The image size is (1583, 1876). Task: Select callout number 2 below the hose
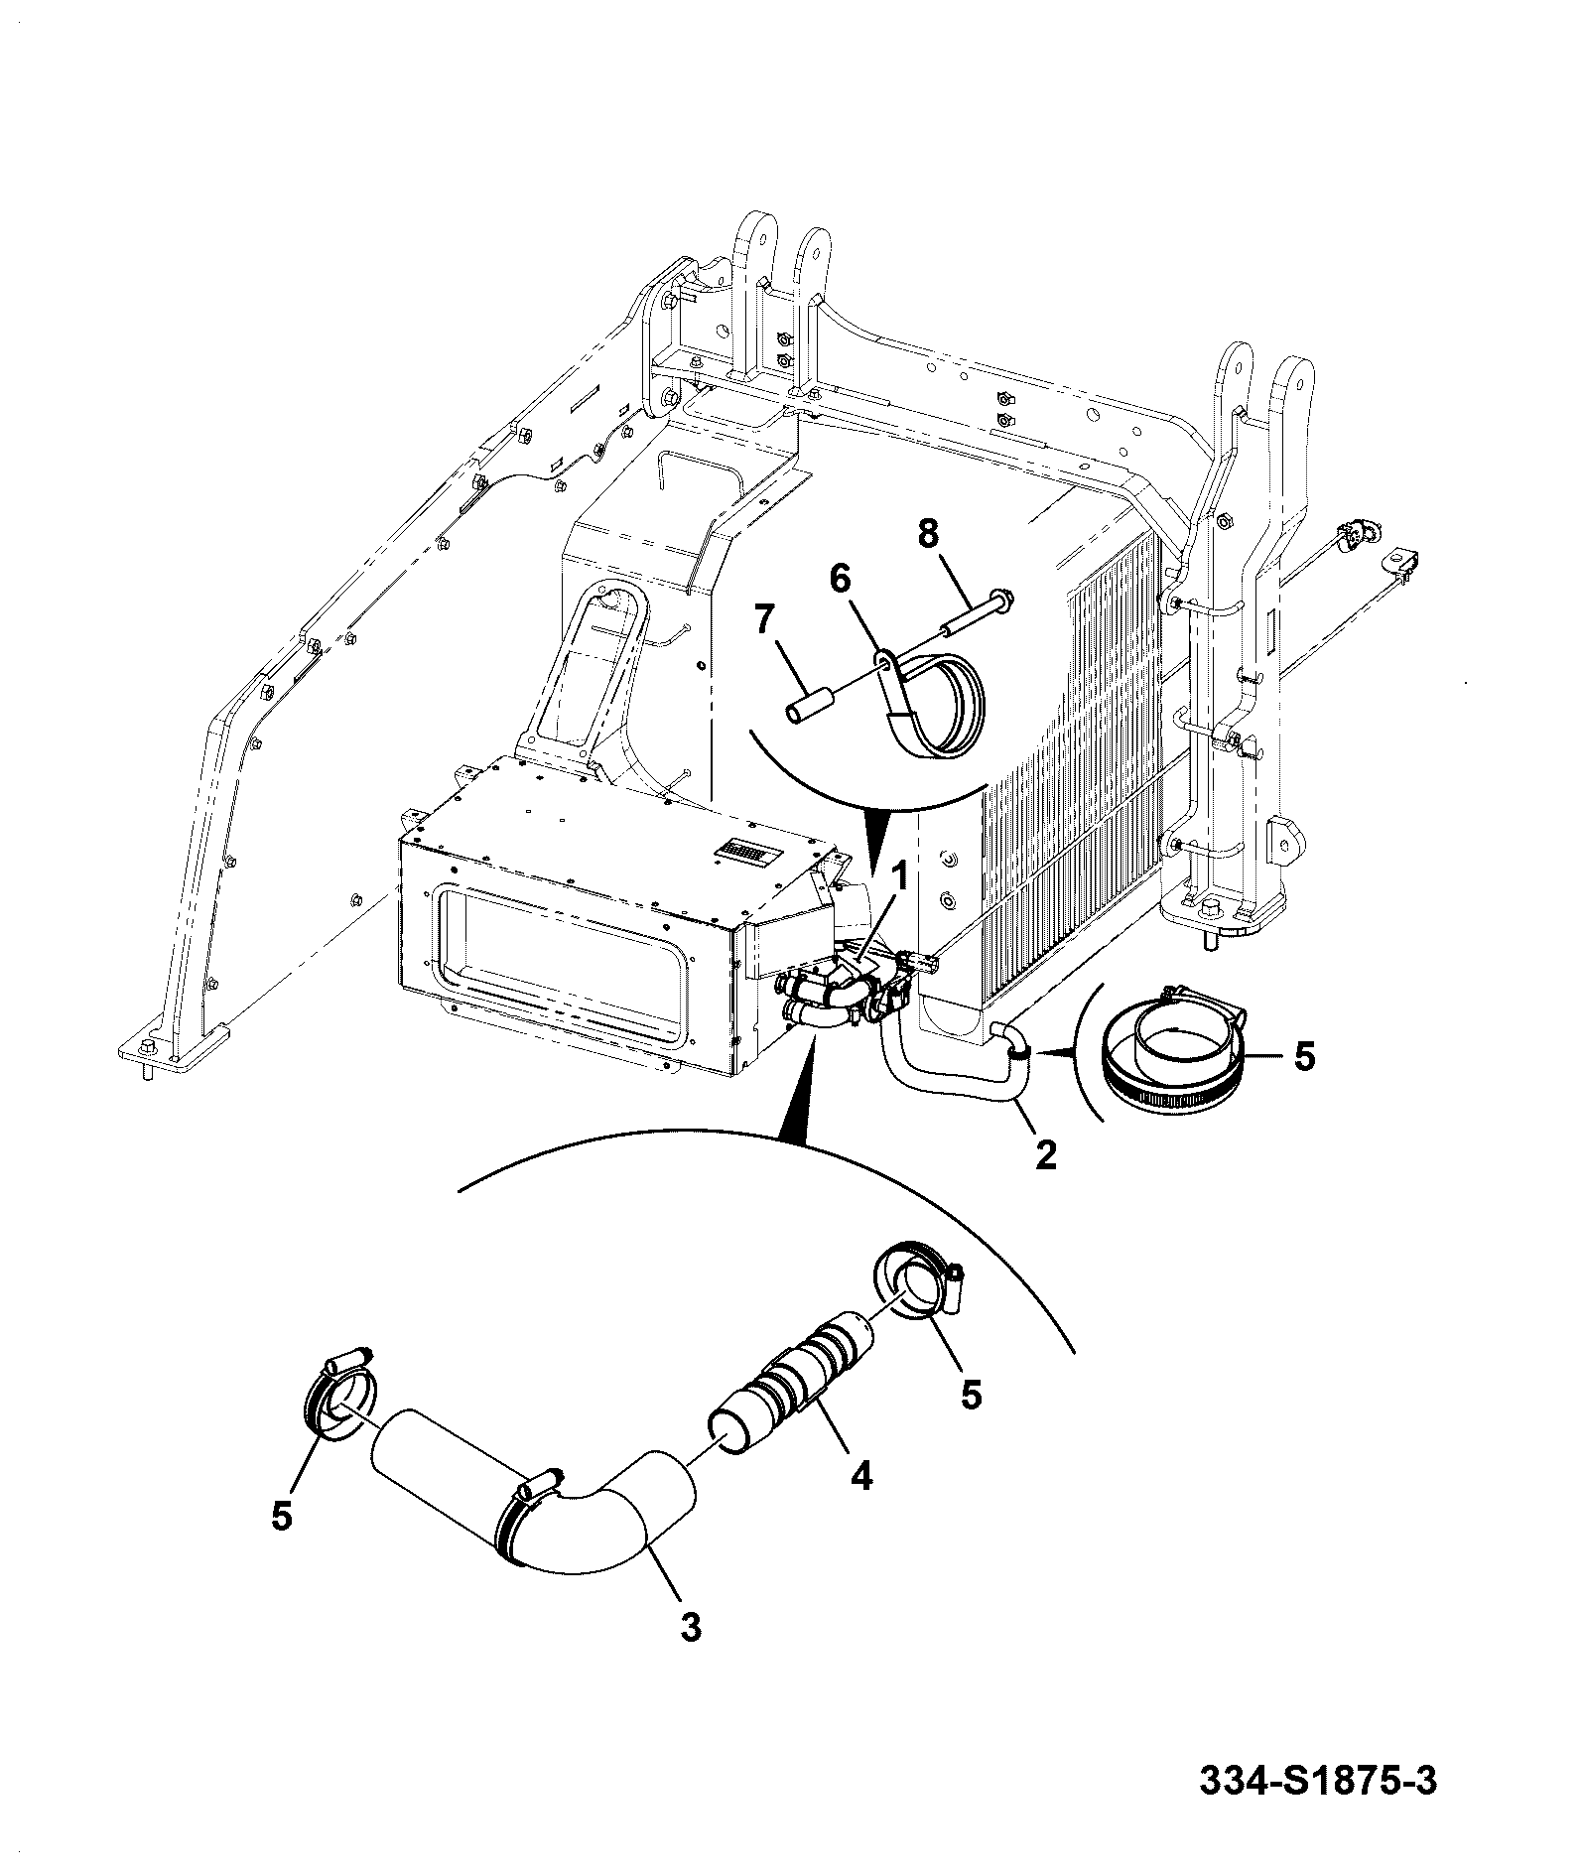tap(1046, 1153)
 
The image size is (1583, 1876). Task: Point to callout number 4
tap(860, 1503)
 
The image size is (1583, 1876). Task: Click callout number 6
tap(840, 578)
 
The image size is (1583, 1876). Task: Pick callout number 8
tap(927, 534)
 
